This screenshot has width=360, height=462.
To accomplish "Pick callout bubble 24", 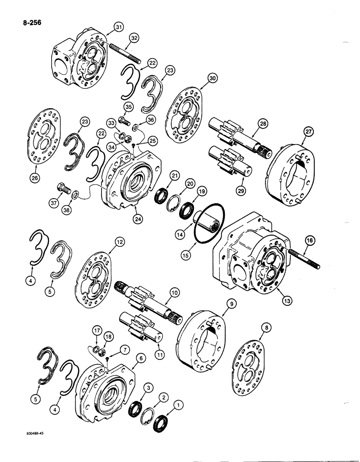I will pos(137,219).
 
